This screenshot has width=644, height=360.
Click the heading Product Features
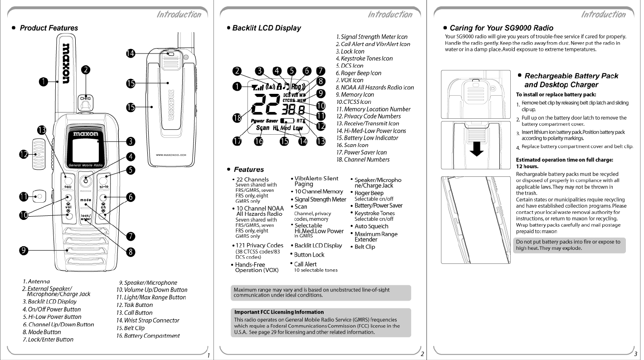click(x=48, y=28)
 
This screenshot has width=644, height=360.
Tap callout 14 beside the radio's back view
click(x=131, y=54)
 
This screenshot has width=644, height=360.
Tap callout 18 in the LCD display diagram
click(x=237, y=118)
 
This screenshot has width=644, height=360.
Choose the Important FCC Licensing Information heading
click(x=279, y=312)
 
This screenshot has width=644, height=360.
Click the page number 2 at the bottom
click(x=422, y=354)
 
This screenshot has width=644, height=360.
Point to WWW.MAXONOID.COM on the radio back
click(x=170, y=156)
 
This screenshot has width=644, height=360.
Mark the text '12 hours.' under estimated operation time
click(x=526, y=166)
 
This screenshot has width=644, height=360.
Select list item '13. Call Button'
click(x=134, y=313)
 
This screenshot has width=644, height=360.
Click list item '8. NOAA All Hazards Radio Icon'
click(x=374, y=88)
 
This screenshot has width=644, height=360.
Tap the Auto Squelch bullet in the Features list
click(x=371, y=226)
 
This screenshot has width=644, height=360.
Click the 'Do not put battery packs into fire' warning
click(x=568, y=245)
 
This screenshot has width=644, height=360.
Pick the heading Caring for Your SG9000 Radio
click(x=501, y=28)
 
